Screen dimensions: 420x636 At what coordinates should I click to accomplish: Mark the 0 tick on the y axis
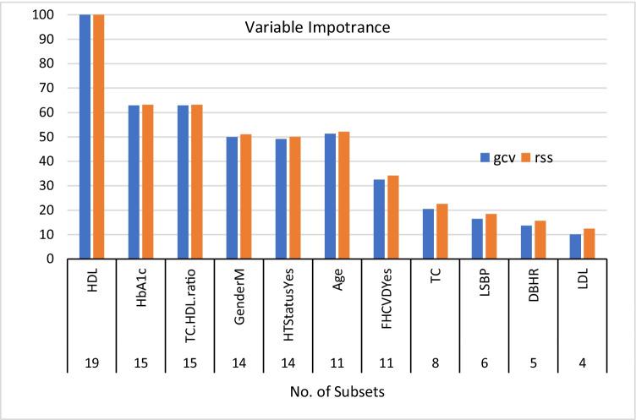coord(63,259)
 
